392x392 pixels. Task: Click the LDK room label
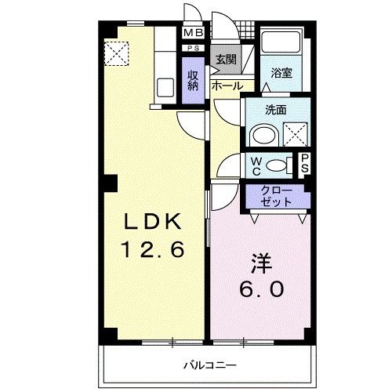(x=152, y=222)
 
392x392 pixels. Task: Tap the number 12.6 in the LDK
(x=152, y=251)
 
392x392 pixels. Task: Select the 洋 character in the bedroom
(x=262, y=262)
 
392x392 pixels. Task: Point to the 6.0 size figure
(x=262, y=289)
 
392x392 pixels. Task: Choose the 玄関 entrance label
(x=226, y=59)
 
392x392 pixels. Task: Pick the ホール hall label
(x=227, y=86)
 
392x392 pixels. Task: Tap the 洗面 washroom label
(x=274, y=110)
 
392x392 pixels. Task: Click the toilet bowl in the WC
(x=275, y=165)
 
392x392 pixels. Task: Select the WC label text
(x=256, y=165)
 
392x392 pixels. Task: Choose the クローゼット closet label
(x=275, y=195)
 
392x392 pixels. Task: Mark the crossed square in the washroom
(x=295, y=136)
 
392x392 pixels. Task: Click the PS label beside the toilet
(x=305, y=164)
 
